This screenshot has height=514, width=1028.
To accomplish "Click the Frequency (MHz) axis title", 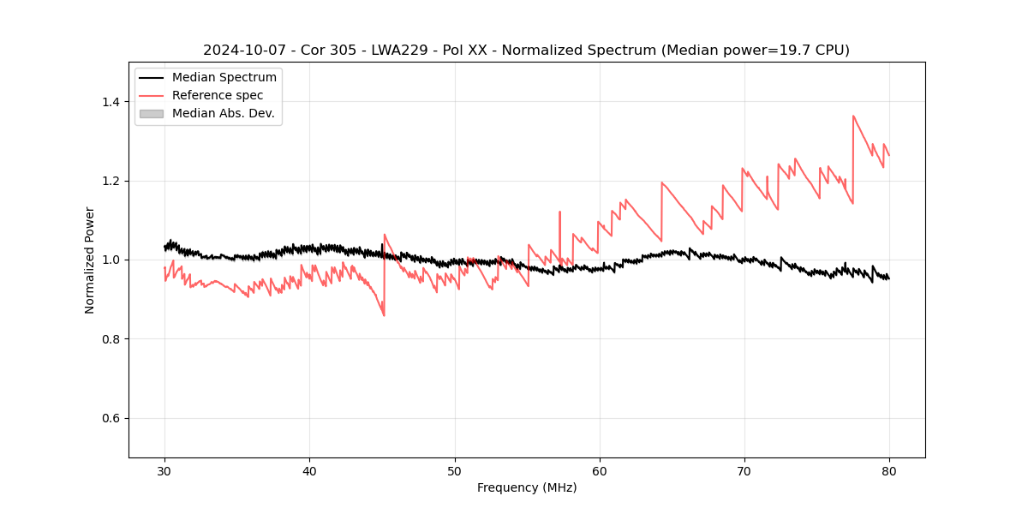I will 527,487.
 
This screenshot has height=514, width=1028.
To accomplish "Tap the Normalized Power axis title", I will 90,260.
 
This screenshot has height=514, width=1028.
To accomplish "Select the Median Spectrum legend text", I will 224,78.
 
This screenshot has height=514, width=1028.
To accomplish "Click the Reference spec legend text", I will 218,95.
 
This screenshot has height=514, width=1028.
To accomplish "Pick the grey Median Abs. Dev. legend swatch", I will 151,113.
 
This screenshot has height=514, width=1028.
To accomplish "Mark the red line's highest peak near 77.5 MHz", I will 853,116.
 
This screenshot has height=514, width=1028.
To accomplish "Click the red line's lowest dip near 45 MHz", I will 384,315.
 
